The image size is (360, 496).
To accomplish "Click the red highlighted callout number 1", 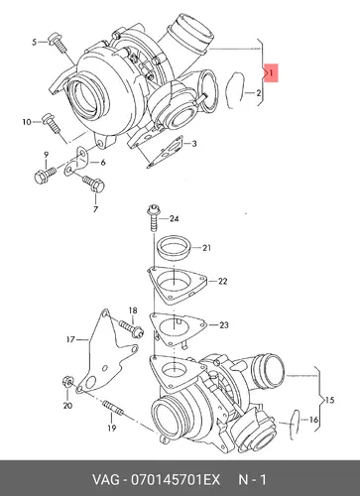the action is click(271, 72).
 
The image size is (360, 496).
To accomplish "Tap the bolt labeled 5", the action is click(58, 43).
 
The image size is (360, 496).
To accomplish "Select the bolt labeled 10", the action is click(52, 123).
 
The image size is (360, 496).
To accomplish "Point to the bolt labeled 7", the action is click(94, 184).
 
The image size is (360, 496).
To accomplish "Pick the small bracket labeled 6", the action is click(76, 162).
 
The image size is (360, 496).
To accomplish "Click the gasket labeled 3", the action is click(166, 152).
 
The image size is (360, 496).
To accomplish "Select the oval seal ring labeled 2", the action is click(235, 90).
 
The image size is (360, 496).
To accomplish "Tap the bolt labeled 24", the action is click(154, 218).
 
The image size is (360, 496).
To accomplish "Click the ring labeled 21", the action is click(174, 249).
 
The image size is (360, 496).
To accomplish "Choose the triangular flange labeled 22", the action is click(178, 285).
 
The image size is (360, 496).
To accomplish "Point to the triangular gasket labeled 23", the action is click(178, 328).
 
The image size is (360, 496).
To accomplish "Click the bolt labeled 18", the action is click(131, 328).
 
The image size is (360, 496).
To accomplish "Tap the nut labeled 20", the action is click(67, 382).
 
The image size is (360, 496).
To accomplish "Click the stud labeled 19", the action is click(113, 408).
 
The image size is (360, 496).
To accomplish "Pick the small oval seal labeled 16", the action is click(295, 425).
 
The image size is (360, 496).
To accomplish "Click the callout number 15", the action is click(330, 400).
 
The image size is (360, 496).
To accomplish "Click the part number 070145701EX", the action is click(176, 480).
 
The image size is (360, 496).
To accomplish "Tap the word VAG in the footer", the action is click(106, 480).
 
